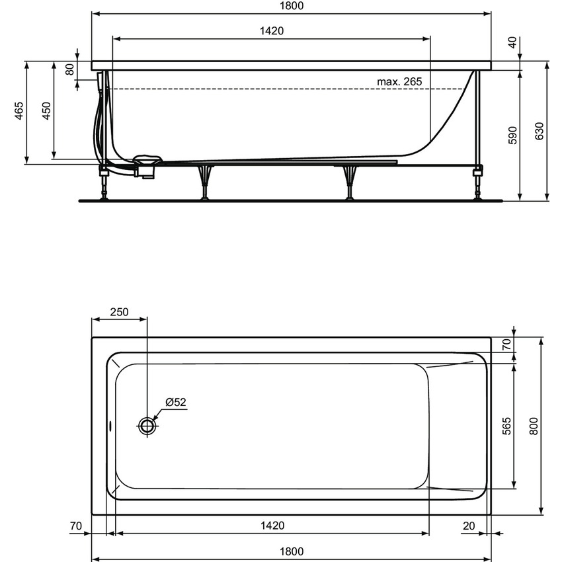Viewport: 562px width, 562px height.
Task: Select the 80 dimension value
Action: (x=71, y=69)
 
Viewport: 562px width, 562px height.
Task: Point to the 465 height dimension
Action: (x=20, y=112)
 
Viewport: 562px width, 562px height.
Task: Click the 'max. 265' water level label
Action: (x=399, y=81)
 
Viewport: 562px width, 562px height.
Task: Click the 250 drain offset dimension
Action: (x=120, y=313)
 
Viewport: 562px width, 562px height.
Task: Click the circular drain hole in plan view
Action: (x=147, y=426)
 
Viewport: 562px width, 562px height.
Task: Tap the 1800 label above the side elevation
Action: (x=292, y=6)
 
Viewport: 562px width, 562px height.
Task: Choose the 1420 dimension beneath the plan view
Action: (x=272, y=526)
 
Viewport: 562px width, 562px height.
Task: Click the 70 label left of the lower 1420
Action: (x=75, y=526)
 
